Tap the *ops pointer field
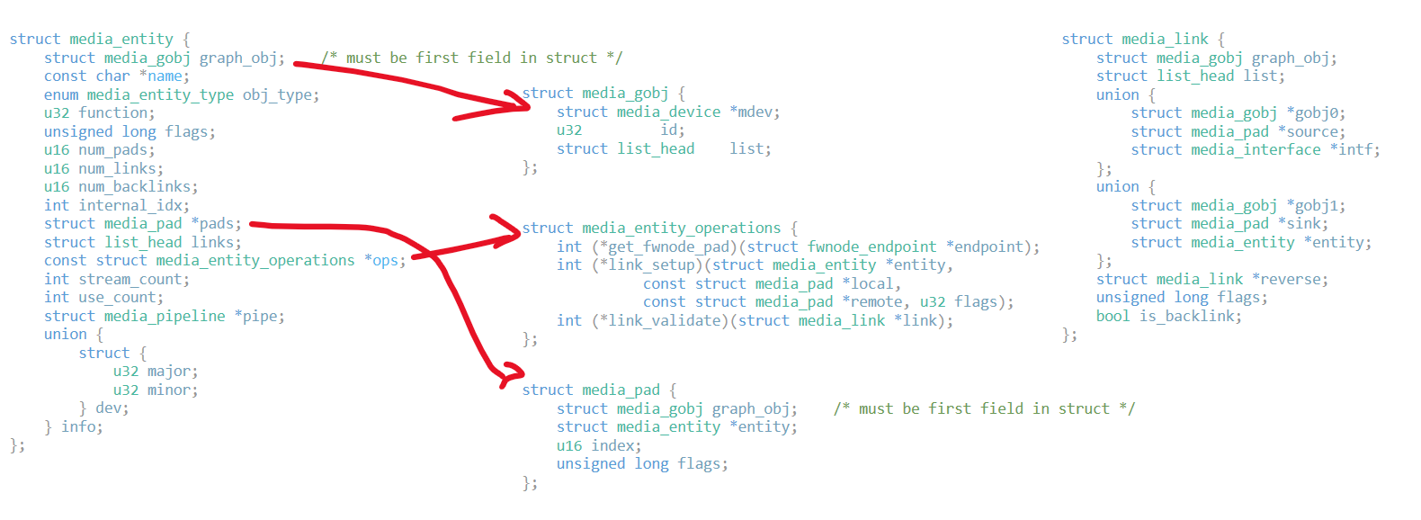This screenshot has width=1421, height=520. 384,261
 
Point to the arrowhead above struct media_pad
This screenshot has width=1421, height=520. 511,372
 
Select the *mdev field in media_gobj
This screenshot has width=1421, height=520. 754,112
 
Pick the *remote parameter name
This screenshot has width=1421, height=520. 872,302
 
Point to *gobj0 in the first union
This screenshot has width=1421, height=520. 1315,113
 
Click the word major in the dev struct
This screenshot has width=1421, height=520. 171,372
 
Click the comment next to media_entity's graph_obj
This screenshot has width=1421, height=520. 471,58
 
